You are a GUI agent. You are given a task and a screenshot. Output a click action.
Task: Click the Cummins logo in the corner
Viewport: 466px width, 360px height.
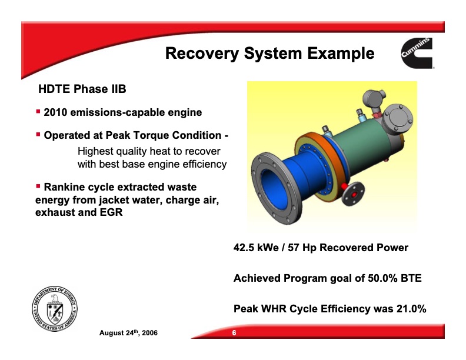(x=417, y=54)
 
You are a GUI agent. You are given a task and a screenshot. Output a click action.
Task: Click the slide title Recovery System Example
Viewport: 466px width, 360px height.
(x=269, y=54)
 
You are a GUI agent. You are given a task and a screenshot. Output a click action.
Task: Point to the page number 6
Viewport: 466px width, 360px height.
(x=234, y=334)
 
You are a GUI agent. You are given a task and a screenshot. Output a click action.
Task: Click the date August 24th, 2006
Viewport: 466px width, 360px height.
(x=128, y=334)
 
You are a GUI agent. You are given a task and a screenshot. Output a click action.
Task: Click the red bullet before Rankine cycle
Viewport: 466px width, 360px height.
(x=38, y=186)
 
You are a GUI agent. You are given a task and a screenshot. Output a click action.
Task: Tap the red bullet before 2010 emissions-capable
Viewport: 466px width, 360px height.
(x=38, y=111)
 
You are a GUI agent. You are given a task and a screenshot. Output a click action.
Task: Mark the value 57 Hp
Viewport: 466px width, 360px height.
(x=317, y=248)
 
